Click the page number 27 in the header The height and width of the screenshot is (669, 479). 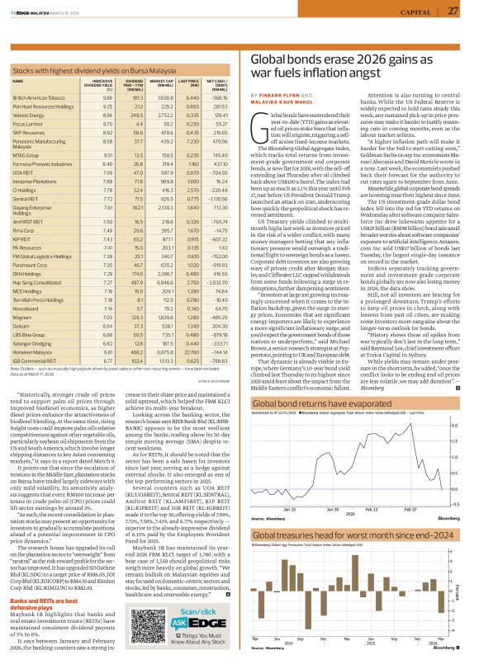pos(453,11)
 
